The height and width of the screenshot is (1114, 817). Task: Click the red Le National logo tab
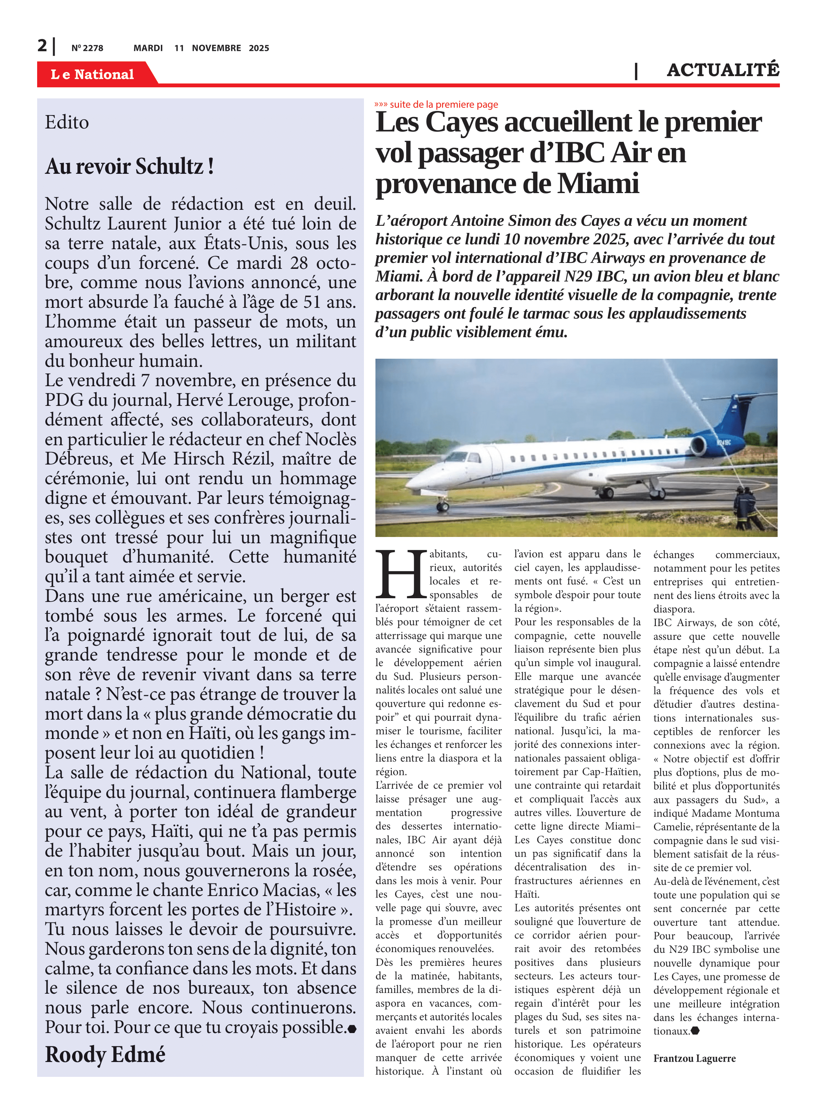(92, 74)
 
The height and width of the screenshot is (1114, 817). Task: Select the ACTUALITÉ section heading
(723, 70)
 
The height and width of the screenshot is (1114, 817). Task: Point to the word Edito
(67, 122)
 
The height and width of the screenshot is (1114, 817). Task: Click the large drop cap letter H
(401, 574)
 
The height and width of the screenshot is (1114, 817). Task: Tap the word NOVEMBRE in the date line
(216, 48)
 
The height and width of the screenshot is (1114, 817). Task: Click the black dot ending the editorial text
(352, 1029)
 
